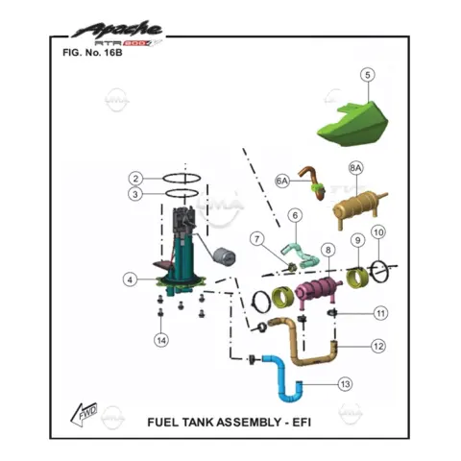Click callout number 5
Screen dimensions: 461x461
tap(368, 75)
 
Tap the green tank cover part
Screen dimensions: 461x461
tap(352, 125)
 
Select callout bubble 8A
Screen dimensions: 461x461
tap(355, 168)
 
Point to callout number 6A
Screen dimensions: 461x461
tap(282, 182)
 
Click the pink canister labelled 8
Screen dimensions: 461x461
tap(317, 290)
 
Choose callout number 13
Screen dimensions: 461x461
tap(345, 384)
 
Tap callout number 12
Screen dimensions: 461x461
tap(378, 346)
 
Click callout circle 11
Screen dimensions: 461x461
tap(380, 313)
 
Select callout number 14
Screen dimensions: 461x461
tap(161, 340)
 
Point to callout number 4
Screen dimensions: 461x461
tap(130, 279)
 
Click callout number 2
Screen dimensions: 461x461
tap(135, 179)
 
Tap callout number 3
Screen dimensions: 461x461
tap(135, 194)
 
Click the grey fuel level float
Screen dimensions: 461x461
tap(225, 256)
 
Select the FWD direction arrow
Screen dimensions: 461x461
tap(84, 414)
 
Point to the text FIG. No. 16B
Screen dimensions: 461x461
tap(92, 53)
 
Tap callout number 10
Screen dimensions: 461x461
tap(378, 232)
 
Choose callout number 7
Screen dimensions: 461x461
tap(256, 239)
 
